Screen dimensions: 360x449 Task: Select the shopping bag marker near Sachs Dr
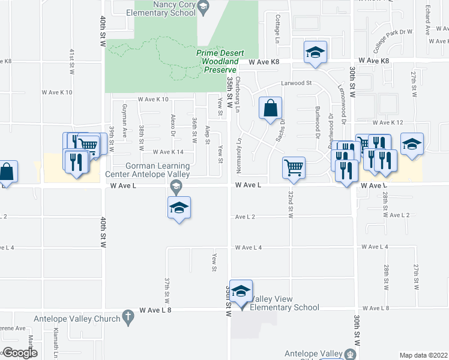point(271,109)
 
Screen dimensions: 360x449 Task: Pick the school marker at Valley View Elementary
point(241,292)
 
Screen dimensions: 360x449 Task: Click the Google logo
point(20,353)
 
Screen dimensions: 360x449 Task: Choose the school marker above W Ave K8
point(314,53)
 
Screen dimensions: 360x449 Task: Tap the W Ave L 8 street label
point(155,310)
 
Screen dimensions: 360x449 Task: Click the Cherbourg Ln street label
point(238,90)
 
